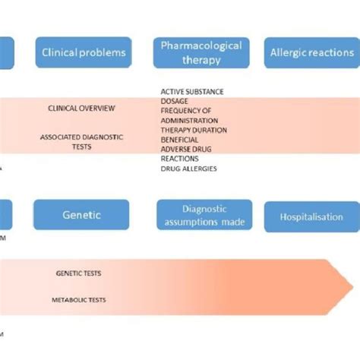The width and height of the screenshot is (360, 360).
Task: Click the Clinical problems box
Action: (84, 52)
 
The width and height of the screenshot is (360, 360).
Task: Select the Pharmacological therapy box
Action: (202, 52)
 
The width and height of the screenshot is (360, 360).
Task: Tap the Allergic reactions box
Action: (311, 52)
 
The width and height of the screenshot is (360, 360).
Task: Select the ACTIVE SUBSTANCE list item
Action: (192, 92)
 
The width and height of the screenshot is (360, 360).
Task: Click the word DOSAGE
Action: (175, 102)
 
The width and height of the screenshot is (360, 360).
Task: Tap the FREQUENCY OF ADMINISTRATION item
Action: (189, 115)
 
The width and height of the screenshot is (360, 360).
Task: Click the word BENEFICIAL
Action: (180, 140)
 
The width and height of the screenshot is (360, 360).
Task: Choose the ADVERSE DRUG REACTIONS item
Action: (185, 154)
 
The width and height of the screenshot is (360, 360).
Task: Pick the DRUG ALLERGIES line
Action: (188, 169)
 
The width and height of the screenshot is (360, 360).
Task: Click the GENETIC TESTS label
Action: (78, 273)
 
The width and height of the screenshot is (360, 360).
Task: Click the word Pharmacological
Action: (202, 46)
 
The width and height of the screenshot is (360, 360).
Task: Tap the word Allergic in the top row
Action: (288, 52)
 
